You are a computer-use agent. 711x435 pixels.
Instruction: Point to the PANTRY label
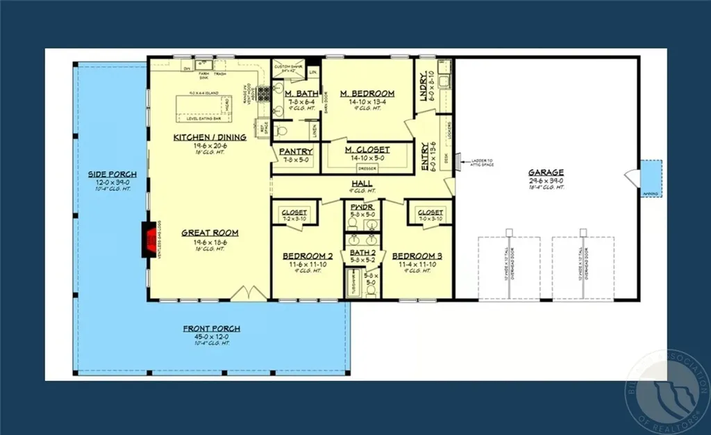295,151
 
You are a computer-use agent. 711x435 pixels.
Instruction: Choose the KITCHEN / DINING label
210,138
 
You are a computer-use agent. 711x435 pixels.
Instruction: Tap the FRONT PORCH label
212,329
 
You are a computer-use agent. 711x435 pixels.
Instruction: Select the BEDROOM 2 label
308,256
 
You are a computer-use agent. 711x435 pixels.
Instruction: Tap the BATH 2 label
362,252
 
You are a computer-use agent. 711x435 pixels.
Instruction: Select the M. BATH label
301,93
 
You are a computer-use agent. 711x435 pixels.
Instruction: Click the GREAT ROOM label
210,233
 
